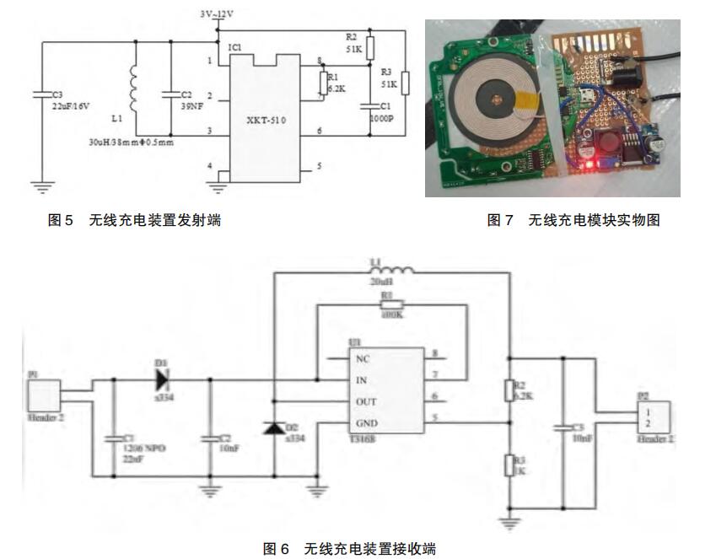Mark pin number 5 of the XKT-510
pyautogui.click(x=319, y=167)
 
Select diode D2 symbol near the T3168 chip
pyautogui.click(x=273, y=427)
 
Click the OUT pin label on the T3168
pyautogui.click(x=367, y=401)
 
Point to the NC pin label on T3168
pyautogui.click(x=363, y=357)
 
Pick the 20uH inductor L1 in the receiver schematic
pyautogui.click(x=392, y=271)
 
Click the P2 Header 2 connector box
pyautogui.click(x=652, y=417)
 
